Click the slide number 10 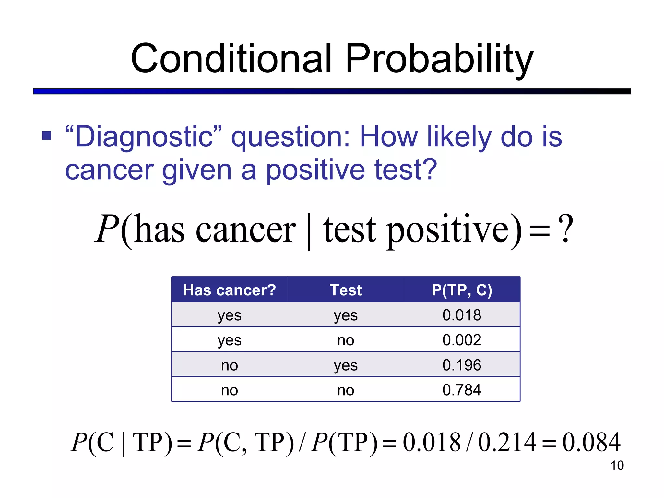point(617,466)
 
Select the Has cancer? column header point(229,290)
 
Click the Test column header point(346,290)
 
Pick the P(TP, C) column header point(462,290)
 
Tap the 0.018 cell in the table point(462,315)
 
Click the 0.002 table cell point(462,340)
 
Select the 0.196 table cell point(462,365)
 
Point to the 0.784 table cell point(462,390)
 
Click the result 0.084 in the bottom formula point(591,443)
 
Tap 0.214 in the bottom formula point(507,443)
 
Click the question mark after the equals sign point(565,229)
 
